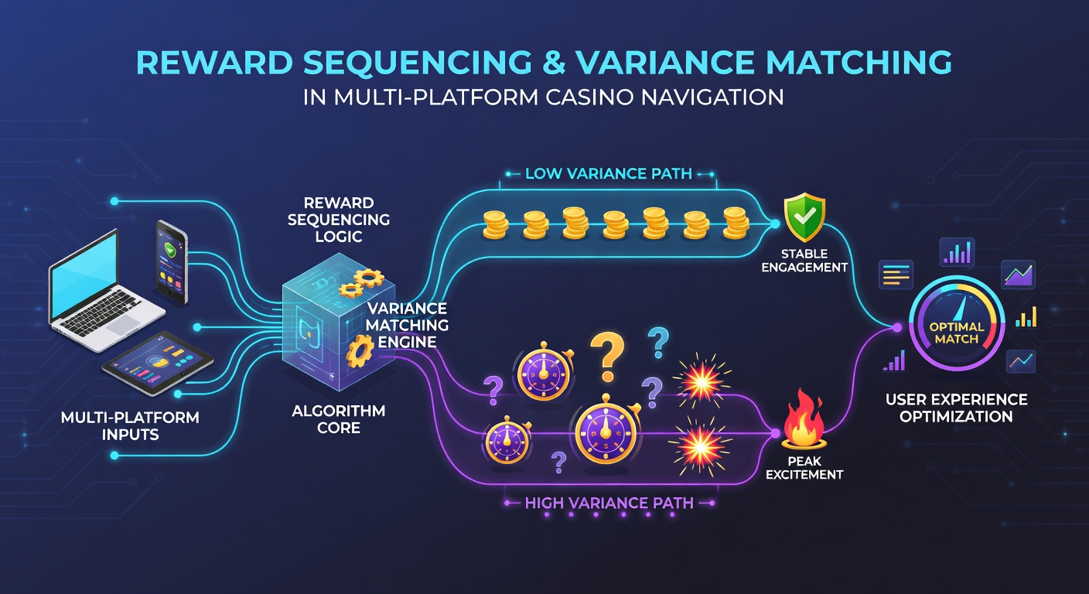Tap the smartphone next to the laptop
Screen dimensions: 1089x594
pos(172,262)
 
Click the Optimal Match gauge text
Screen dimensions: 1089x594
pos(956,333)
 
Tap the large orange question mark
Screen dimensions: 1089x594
pos(606,356)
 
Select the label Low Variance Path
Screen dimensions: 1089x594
pos(608,173)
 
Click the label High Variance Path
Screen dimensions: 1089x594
pos(609,503)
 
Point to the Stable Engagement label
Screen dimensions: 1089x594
pos(804,261)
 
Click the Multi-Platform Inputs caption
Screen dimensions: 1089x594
pos(130,426)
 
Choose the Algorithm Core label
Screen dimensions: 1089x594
pos(338,419)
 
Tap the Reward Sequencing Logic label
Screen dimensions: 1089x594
pos(338,220)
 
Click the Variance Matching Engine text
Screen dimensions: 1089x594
pos(407,325)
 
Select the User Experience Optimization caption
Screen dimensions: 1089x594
pos(956,408)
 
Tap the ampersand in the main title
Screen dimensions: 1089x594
pos(553,62)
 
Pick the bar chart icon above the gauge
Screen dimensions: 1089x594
pos(957,252)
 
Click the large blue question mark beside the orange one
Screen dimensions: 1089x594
pos(658,343)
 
